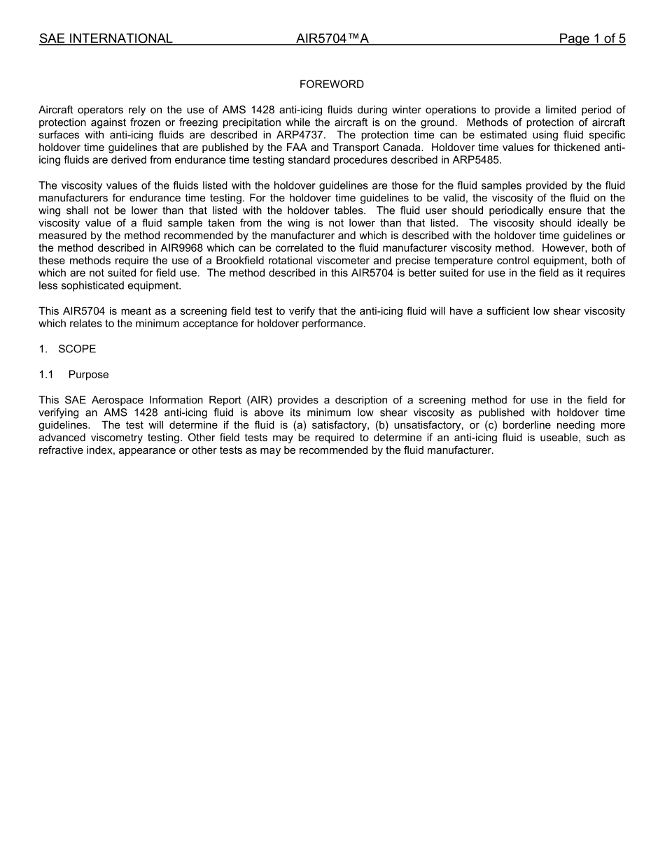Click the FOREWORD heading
(x=331, y=85)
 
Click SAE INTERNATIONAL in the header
(x=106, y=39)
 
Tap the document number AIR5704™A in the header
(x=332, y=39)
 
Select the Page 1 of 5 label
(x=591, y=39)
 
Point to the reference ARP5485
(x=476, y=160)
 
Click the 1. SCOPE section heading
(x=68, y=349)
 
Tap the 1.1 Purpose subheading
(x=74, y=375)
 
